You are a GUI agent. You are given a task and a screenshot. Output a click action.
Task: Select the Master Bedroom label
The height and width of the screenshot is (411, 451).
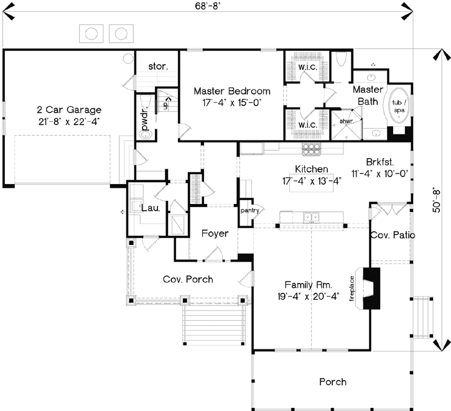231,90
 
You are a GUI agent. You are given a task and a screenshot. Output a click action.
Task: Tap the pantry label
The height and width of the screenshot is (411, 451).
249,210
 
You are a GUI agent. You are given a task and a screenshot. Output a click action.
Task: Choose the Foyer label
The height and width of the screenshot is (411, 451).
215,234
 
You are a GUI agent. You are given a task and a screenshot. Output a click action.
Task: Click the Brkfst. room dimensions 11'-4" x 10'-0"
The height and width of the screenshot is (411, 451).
379,173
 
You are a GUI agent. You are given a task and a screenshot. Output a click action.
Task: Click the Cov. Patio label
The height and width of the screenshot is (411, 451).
393,235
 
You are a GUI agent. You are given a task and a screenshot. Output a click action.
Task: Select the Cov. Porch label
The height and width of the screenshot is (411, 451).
188,279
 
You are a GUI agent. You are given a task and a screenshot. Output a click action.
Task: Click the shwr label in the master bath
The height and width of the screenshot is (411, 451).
346,121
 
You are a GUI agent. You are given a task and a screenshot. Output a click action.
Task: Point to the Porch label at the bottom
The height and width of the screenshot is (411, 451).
333,381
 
